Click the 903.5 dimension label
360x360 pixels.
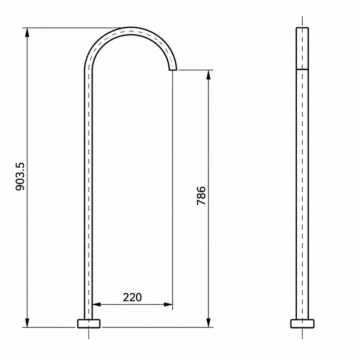[x=20, y=176]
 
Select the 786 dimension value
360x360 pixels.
[x=201, y=195]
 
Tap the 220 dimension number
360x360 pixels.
[x=132, y=297]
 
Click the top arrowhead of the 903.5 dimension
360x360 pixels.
[x=27, y=32]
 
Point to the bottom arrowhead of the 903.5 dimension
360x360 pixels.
[x=27, y=323]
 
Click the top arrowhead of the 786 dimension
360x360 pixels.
[x=208, y=75]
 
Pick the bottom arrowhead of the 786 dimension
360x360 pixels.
[x=208, y=323]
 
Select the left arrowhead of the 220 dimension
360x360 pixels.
[x=97, y=305]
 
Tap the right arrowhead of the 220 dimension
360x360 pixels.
[x=168, y=305]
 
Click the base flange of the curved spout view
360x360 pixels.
[x=89, y=323]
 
